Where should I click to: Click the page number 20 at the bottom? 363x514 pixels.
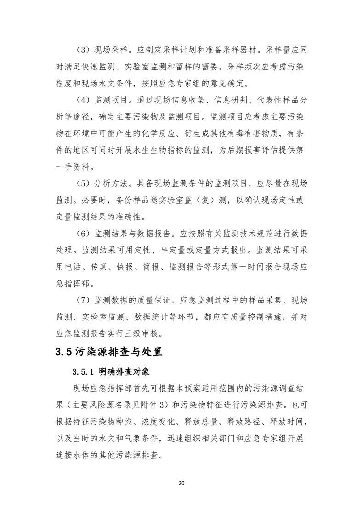click(181, 483)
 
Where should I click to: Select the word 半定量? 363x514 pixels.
click(162, 250)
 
